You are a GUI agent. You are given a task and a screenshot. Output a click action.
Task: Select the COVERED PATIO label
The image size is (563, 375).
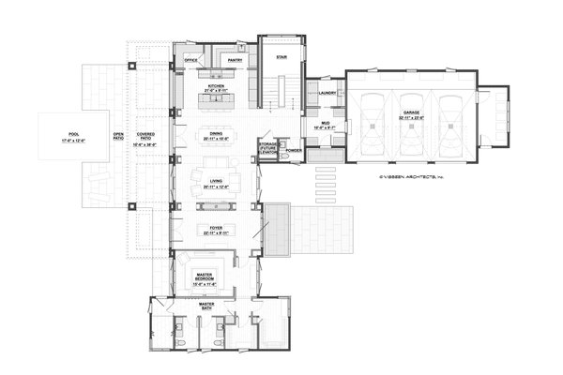(x=145, y=137)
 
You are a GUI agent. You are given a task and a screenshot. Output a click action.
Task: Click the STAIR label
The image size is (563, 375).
(x=281, y=57)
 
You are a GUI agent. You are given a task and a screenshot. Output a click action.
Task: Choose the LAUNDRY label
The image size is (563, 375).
(x=327, y=93)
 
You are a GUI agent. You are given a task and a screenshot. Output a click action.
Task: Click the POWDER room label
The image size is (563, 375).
(x=292, y=150)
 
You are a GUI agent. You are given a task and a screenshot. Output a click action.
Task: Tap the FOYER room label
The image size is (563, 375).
(x=216, y=228)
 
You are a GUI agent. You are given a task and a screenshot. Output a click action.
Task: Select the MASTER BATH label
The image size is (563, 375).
(x=207, y=307)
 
